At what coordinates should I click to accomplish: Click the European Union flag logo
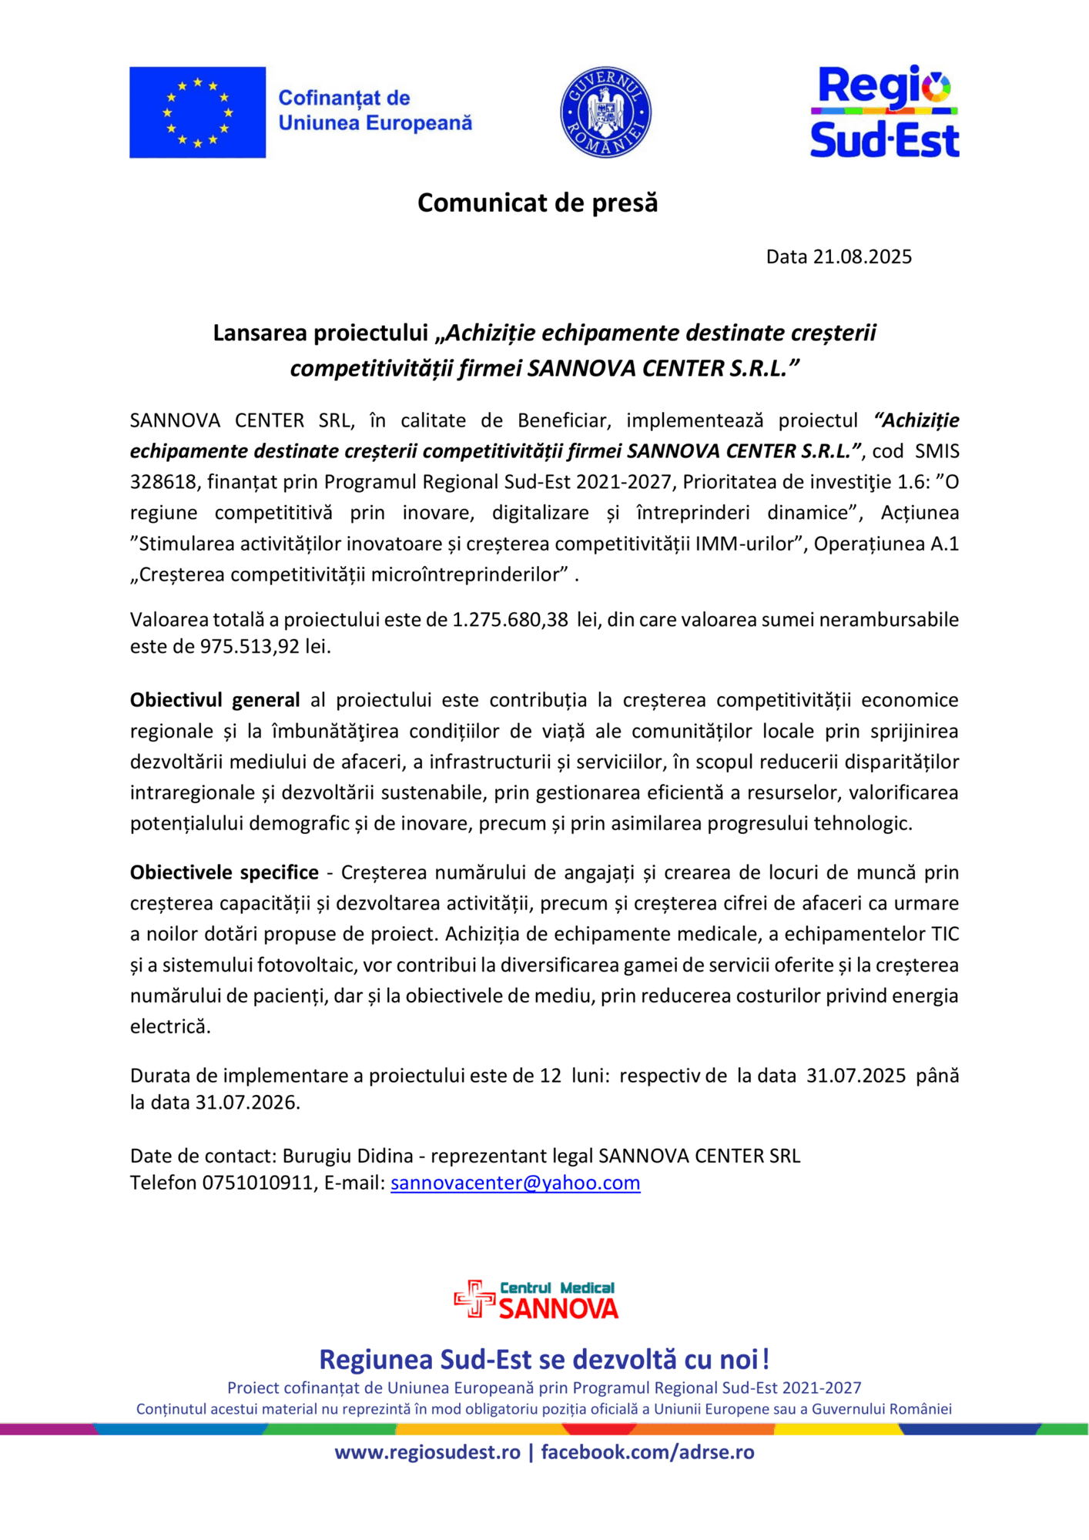click(x=197, y=112)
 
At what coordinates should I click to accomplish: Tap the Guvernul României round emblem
click(x=605, y=112)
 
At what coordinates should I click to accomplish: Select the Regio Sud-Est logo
click(x=884, y=112)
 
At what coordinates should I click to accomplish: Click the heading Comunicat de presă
click(x=538, y=203)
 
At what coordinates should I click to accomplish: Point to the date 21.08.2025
click(x=862, y=256)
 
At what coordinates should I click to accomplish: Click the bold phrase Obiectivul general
click(x=215, y=700)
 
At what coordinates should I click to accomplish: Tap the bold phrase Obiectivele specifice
click(x=224, y=872)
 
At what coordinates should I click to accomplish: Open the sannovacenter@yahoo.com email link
click(x=515, y=1183)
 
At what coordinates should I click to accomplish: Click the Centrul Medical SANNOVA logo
click(x=537, y=1300)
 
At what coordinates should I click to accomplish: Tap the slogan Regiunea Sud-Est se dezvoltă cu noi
click(x=544, y=1360)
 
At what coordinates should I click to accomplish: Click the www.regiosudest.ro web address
click(x=427, y=1452)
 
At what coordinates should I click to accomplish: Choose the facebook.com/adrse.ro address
click(x=648, y=1452)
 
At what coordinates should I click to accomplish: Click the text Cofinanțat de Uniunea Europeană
click(x=374, y=111)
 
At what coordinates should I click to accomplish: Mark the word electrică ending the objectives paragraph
click(x=169, y=1026)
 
